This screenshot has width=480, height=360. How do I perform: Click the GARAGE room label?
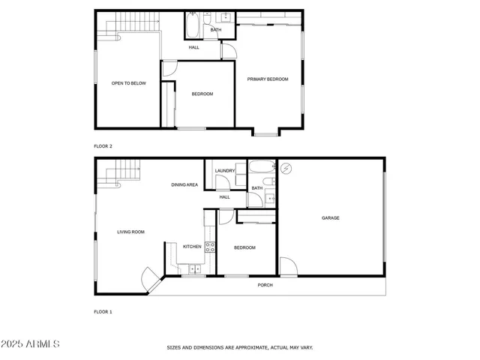tap(331, 218)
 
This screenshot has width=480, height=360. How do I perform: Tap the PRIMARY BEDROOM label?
tap(268, 79)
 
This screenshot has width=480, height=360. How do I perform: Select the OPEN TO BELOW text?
tap(128, 83)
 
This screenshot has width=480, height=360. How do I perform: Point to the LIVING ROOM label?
tap(130, 232)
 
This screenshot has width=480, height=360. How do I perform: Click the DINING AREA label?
tap(184, 184)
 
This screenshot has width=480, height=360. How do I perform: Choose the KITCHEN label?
tap(192, 246)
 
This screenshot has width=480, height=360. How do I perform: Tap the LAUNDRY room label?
tap(225, 171)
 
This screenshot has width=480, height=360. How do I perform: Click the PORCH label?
tap(265, 285)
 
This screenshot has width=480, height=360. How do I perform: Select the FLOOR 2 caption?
tap(103, 146)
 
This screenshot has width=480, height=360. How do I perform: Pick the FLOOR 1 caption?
tap(103, 311)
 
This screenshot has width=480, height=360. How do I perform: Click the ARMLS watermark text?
tap(31, 343)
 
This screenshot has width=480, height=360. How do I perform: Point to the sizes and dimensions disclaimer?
tap(240, 347)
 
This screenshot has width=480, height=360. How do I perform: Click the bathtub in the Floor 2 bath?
tap(193, 27)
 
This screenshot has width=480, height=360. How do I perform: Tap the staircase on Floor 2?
tap(121, 28)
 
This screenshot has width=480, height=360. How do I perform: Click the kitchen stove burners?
tap(209, 246)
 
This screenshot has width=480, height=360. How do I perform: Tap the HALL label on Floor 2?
tap(193, 48)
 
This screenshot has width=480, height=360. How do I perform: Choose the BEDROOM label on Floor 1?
tap(244, 247)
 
